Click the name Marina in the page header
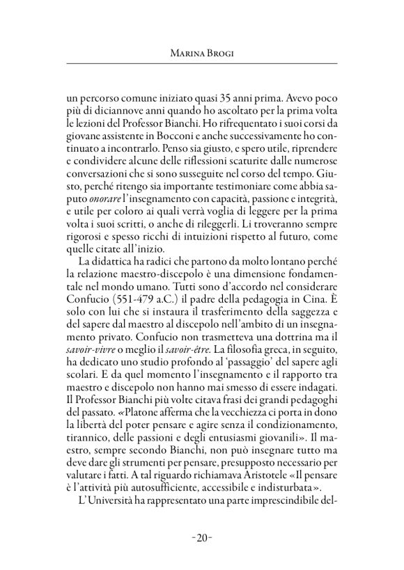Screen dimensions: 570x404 pyautogui.click(x=184, y=51)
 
